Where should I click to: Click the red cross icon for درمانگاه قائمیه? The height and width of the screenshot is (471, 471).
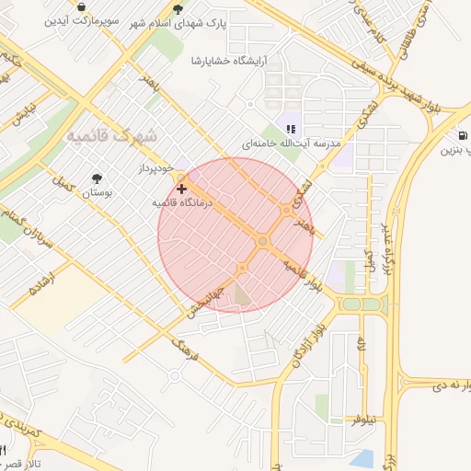[x=181, y=188]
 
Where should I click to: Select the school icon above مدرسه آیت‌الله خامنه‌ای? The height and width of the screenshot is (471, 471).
[x=291, y=130]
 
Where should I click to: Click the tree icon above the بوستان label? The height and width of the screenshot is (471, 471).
[x=98, y=178]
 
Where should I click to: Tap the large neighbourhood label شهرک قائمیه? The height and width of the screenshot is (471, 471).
[x=111, y=135]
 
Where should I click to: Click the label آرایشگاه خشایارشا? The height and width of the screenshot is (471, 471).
[x=227, y=60]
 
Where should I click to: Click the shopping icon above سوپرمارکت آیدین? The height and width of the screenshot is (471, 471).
[x=82, y=6]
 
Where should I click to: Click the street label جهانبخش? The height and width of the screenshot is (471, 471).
[x=203, y=301]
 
